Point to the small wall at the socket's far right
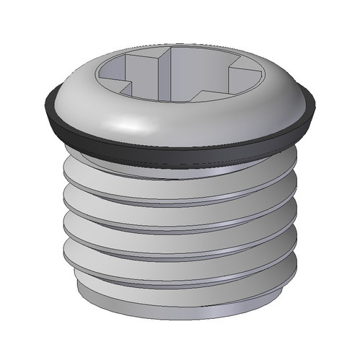coord(249,79)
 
